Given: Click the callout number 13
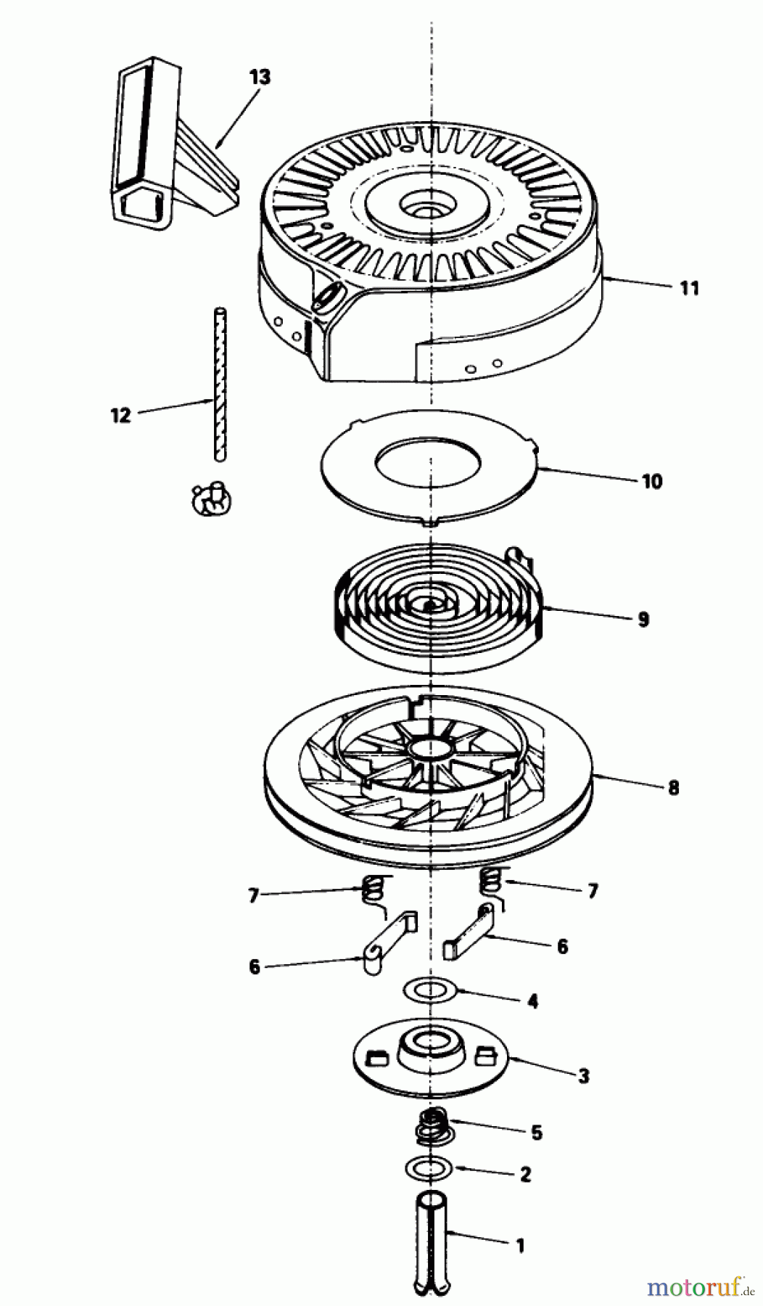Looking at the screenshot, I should click(x=259, y=76).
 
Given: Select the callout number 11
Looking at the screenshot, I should click(x=690, y=288).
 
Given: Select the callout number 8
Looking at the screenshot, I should click(x=672, y=787).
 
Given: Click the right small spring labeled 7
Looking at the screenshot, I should click(x=492, y=882).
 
